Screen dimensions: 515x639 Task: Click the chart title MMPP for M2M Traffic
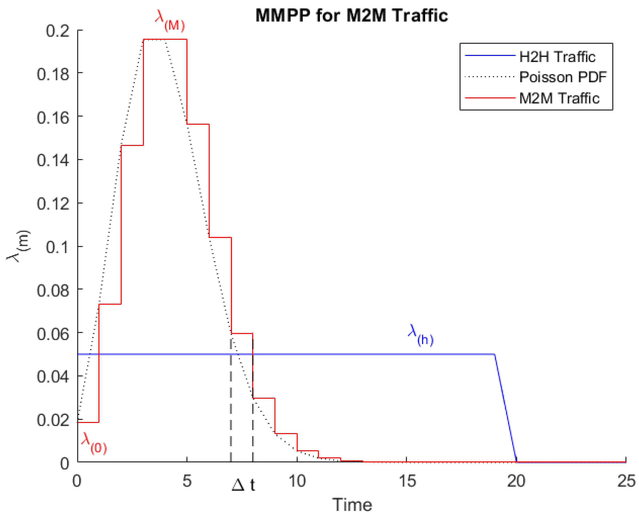(352, 15)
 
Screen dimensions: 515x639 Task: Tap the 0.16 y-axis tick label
(53, 118)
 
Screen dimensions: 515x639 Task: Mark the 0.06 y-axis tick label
(53, 334)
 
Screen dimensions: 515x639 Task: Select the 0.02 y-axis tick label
(53, 420)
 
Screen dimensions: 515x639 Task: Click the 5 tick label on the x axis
(187, 481)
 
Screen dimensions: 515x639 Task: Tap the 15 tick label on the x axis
(407, 481)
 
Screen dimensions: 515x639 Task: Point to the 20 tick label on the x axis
(516, 481)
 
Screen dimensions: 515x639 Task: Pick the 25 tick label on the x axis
(626, 481)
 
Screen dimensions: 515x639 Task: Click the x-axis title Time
(352, 505)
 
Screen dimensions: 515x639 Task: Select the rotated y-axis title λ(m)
(18, 246)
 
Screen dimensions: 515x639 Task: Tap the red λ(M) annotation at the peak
(170, 21)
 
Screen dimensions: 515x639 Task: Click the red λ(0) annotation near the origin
(94, 443)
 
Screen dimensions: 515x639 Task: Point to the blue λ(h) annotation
(420, 335)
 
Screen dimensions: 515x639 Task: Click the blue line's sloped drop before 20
(505, 408)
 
